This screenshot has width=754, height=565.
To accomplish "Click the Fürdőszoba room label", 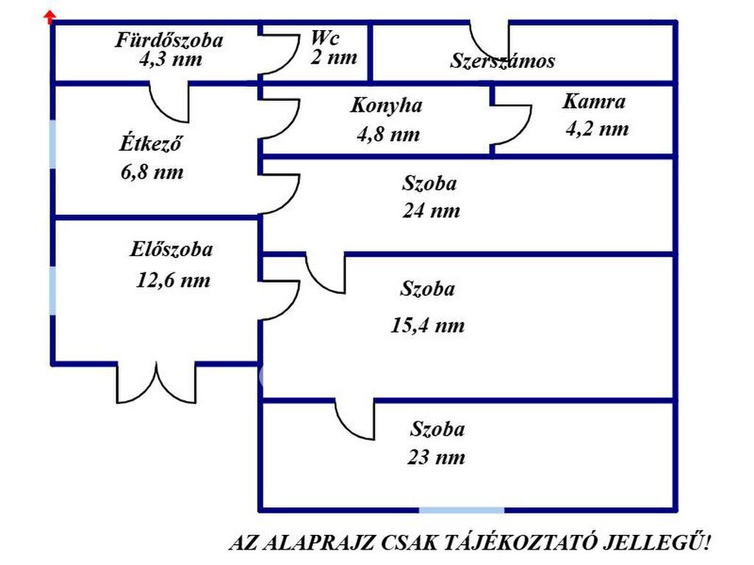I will coord(169,40).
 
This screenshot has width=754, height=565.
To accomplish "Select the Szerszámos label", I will coord(502,61).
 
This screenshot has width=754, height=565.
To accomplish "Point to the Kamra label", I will coord(594,102).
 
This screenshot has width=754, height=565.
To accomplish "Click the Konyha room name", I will coord(386,105).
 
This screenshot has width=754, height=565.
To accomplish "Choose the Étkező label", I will coord(150,143).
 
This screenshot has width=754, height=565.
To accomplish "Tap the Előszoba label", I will coord(172,250).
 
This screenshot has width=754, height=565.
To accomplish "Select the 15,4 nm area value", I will coord(427,325).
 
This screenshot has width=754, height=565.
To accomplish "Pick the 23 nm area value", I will coord(436,458).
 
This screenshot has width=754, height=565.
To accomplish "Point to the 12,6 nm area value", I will coord(173,280).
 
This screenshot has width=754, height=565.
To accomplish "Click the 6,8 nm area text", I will coord(151,173).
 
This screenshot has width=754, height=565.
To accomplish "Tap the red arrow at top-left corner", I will coord(50,15).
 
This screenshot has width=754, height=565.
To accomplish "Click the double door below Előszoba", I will coord(157,383).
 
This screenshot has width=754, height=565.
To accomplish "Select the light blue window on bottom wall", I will coord(462,509).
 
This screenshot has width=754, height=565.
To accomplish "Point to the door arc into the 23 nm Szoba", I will coord(354,419).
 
